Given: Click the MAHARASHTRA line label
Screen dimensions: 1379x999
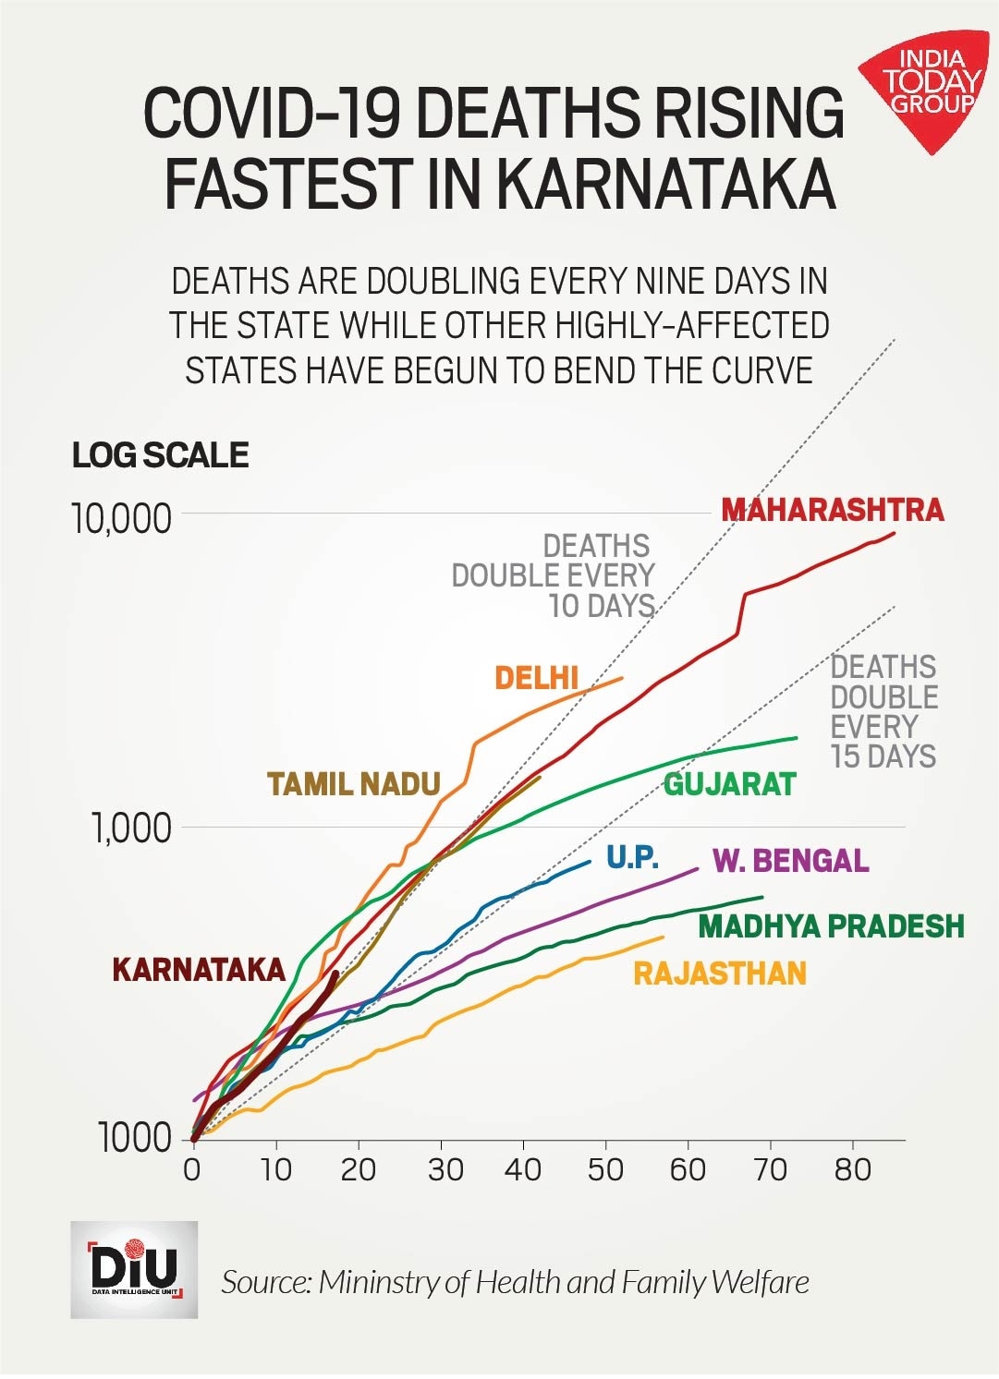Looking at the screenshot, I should pyautogui.click(x=832, y=510).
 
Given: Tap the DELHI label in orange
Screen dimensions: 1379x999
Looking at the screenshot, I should pyautogui.click(x=536, y=678).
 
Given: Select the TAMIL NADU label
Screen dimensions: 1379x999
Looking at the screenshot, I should pyautogui.click(x=354, y=784).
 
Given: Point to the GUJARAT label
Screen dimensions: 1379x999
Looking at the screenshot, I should pyautogui.click(x=729, y=784).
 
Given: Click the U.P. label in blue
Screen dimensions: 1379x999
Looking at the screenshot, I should pyautogui.click(x=632, y=858).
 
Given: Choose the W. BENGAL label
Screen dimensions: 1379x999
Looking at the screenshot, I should pyautogui.click(x=790, y=861).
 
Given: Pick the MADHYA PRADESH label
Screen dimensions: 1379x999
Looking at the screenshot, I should pyautogui.click(x=831, y=925).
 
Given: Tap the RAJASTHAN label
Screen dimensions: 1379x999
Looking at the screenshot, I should pyautogui.click(x=719, y=974).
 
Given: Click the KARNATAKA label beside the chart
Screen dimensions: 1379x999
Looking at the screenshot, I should pyautogui.click(x=198, y=970).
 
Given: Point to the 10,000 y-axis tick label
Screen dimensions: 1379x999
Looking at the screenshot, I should pyautogui.click(x=122, y=519).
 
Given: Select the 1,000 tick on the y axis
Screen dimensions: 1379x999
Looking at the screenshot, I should pyautogui.click(x=132, y=829).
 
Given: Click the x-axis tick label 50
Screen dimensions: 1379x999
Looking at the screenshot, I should pyautogui.click(x=604, y=1170).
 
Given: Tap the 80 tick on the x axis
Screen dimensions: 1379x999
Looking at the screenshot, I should pyautogui.click(x=852, y=1170).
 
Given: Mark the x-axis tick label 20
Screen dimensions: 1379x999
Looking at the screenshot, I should pyautogui.click(x=358, y=1170).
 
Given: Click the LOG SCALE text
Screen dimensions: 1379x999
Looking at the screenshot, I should pyautogui.click(x=161, y=454).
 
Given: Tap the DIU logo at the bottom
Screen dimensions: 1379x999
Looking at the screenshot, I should pyautogui.click(x=134, y=1269).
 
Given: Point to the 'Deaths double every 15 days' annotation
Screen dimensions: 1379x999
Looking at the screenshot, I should pyautogui.click(x=883, y=711).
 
